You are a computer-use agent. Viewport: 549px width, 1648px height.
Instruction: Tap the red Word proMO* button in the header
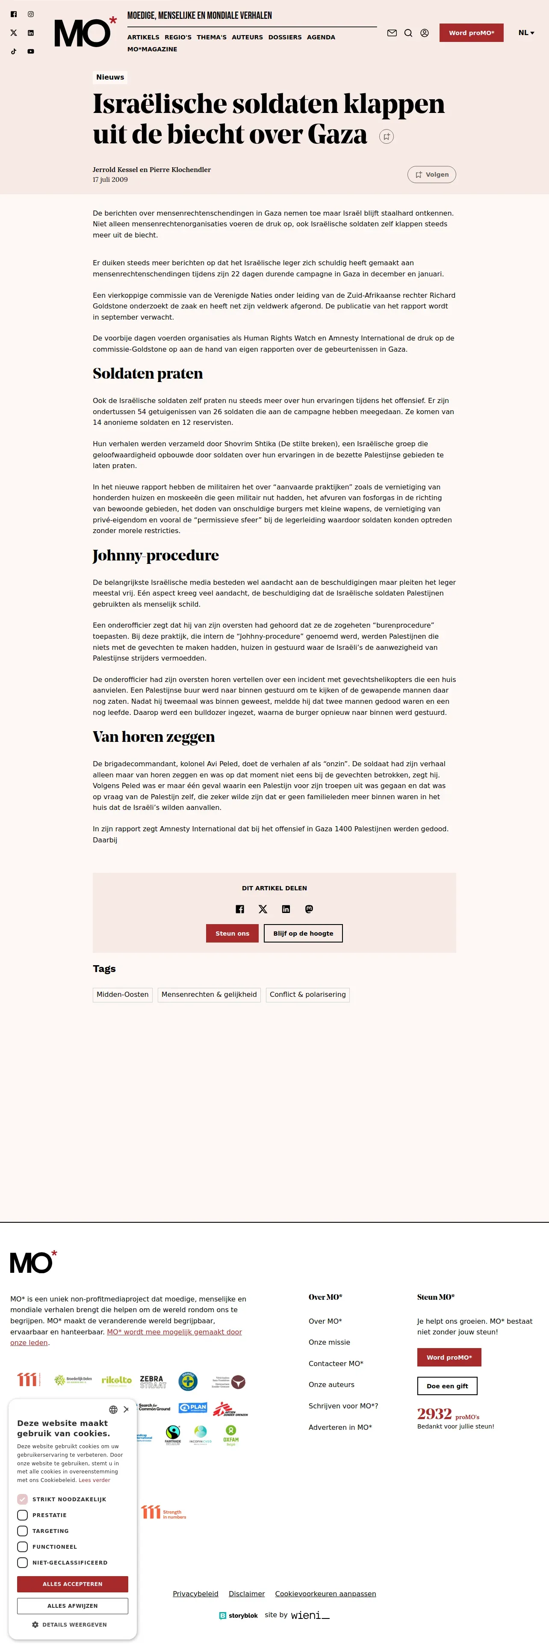(x=471, y=33)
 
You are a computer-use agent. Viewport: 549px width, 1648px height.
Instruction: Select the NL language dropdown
(x=526, y=33)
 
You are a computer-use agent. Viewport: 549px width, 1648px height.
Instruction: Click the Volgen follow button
(x=431, y=175)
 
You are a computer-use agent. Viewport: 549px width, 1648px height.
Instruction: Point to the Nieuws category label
(x=110, y=77)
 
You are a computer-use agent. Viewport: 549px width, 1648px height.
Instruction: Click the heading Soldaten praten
(x=148, y=373)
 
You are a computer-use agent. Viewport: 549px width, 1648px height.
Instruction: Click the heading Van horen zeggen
(x=153, y=737)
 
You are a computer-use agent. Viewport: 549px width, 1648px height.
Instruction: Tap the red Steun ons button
(x=232, y=934)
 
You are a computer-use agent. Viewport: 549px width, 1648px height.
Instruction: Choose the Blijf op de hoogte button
(x=303, y=934)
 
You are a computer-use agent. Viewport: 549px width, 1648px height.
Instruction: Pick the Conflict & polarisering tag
(x=307, y=995)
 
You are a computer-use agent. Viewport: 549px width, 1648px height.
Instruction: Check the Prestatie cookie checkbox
(x=22, y=1515)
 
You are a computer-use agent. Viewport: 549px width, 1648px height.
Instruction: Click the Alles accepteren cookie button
(x=72, y=1584)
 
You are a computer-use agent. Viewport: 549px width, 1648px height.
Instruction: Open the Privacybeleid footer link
(x=195, y=1594)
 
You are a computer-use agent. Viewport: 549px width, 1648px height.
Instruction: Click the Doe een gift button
(x=447, y=1386)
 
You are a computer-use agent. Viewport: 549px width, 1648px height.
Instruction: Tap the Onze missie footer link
(x=329, y=1342)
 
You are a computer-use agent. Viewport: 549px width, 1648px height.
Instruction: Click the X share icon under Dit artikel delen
(x=263, y=909)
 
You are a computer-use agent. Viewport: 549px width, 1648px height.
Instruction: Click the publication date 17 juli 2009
(x=110, y=180)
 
